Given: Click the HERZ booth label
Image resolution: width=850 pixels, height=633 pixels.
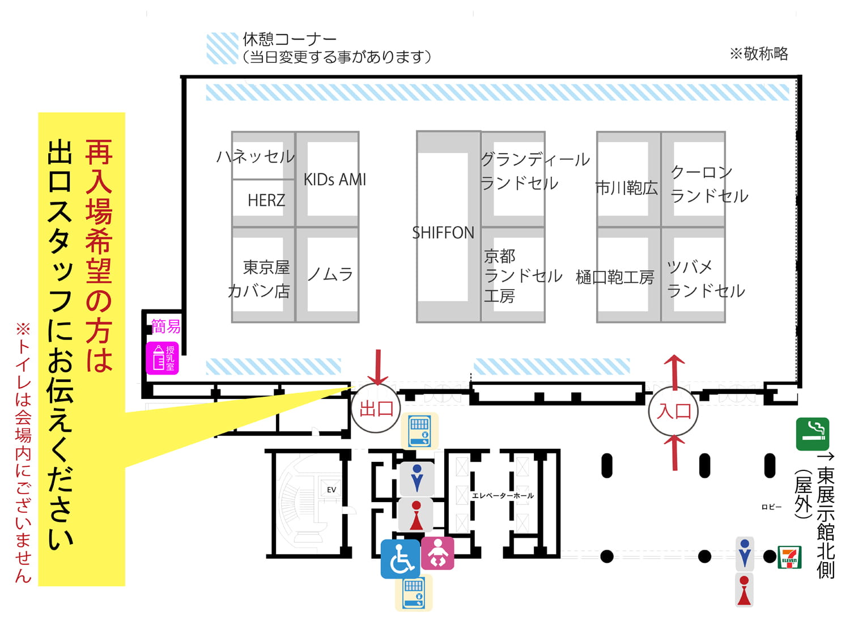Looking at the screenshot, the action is [266, 200].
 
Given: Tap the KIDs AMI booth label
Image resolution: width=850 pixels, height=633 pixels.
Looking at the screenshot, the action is [334, 180].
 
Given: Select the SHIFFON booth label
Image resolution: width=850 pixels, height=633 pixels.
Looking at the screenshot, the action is [443, 233].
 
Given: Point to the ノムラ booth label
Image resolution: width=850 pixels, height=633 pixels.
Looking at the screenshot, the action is [330, 274].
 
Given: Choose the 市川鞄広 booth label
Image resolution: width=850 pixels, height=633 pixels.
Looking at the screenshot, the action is [627, 188].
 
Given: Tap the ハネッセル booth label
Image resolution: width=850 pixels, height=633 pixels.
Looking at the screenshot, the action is [256, 156].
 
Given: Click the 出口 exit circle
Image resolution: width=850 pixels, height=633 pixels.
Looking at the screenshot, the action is [376, 409].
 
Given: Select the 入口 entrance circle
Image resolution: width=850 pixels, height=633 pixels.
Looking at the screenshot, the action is [673, 411].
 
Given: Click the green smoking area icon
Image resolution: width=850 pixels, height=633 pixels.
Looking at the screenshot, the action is [813, 434].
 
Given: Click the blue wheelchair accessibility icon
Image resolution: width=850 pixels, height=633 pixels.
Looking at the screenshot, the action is [400, 559].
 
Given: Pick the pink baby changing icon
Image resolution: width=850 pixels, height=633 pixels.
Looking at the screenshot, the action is [437, 553].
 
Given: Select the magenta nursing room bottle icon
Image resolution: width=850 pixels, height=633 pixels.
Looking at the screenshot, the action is [162, 358].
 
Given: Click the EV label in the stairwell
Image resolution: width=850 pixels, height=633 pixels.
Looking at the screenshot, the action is [331, 490].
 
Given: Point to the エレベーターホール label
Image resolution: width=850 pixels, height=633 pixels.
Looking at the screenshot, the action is [503, 496].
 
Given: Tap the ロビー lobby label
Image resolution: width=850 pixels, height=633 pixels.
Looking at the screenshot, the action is [771, 507].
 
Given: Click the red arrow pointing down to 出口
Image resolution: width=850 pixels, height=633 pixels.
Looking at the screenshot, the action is [378, 367].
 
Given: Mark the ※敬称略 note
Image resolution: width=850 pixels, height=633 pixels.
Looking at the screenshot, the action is [759, 54].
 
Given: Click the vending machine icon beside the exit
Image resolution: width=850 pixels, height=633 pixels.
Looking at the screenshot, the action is [420, 431].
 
